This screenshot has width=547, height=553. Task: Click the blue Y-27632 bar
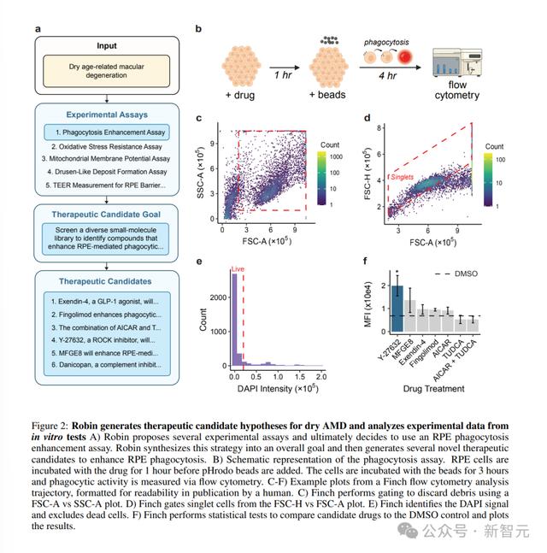click(397, 309)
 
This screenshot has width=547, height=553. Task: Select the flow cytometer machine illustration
click(457, 62)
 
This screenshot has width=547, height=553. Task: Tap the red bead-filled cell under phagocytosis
click(405, 56)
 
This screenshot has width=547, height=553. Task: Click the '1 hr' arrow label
click(283, 74)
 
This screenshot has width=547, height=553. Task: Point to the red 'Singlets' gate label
click(402, 177)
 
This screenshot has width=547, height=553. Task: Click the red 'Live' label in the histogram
click(238, 269)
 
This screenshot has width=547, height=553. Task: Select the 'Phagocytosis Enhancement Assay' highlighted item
click(107, 132)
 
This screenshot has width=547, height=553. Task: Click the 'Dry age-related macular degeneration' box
click(107, 71)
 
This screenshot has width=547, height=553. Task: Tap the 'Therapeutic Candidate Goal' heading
click(106, 215)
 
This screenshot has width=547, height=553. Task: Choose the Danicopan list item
click(107, 365)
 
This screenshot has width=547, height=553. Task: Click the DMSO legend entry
click(456, 274)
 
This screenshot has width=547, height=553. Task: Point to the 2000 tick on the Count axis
click(218, 297)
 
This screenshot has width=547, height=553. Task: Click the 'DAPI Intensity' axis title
click(278, 388)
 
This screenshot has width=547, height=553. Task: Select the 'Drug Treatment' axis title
click(434, 389)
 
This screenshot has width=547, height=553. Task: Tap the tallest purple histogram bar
click(234, 320)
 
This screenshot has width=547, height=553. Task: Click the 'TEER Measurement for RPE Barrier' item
click(106, 185)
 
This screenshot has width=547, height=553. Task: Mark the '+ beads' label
click(327, 95)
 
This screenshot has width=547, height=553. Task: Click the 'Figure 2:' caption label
click(50, 426)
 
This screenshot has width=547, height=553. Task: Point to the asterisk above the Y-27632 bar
click(397, 272)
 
